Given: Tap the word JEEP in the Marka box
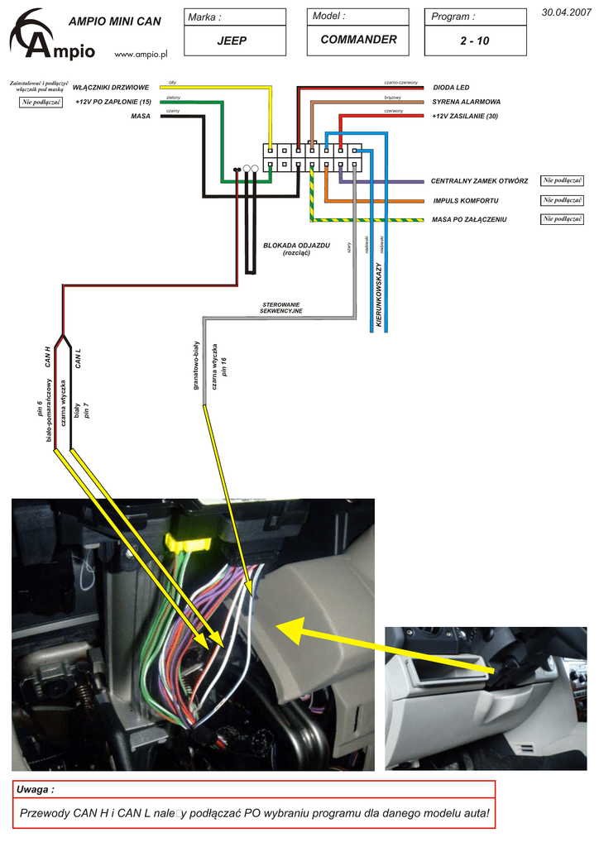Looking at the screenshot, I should click(x=232, y=41).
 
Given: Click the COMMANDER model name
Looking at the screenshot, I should click(x=358, y=40).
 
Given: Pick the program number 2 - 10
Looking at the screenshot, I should click(x=476, y=41).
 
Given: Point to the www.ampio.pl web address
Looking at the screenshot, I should click(x=141, y=54).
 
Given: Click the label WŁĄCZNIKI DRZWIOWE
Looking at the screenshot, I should click(x=111, y=87).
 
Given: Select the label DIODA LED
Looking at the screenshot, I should click(x=451, y=87).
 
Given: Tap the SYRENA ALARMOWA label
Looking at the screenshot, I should click(x=466, y=102).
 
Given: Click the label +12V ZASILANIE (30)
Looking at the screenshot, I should click(x=464, y=117).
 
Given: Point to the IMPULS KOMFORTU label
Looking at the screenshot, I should click(x=466, y=201).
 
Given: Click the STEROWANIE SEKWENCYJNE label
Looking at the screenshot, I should click(x=281, y=308).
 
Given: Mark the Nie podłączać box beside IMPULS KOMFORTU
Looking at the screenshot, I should click(x=563, y=200).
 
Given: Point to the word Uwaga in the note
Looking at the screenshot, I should click(x=36, y=791).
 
